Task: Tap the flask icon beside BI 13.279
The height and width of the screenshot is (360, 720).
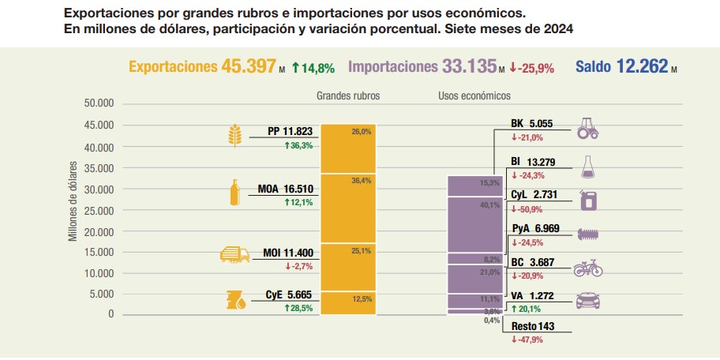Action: coord(587,167)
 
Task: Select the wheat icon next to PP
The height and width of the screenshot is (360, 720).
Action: coord(234,136)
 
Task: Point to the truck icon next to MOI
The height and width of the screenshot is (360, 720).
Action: coord(234,255)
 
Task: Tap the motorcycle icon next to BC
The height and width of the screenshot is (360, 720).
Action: coord(587,268)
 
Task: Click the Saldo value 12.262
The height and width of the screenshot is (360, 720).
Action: coord(641,66)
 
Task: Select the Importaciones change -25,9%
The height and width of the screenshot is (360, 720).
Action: coord(532,68)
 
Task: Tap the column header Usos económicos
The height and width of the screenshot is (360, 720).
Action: coord(474,96)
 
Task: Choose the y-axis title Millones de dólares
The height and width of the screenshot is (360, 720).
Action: coord(73,202)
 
